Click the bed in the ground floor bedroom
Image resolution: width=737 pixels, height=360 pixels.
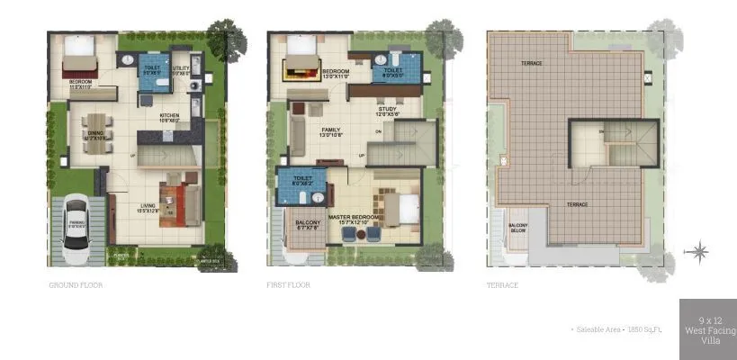[x=77, y=58]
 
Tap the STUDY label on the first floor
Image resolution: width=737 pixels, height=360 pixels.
[x=388, y=111]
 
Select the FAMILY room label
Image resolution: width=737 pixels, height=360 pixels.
[x=331, y=132]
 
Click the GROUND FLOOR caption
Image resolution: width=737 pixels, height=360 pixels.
[x=76, y=285]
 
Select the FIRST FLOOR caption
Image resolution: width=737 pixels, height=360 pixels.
[x=288, y=285]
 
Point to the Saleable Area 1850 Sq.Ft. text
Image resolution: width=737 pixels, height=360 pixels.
[x=616, y=330]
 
